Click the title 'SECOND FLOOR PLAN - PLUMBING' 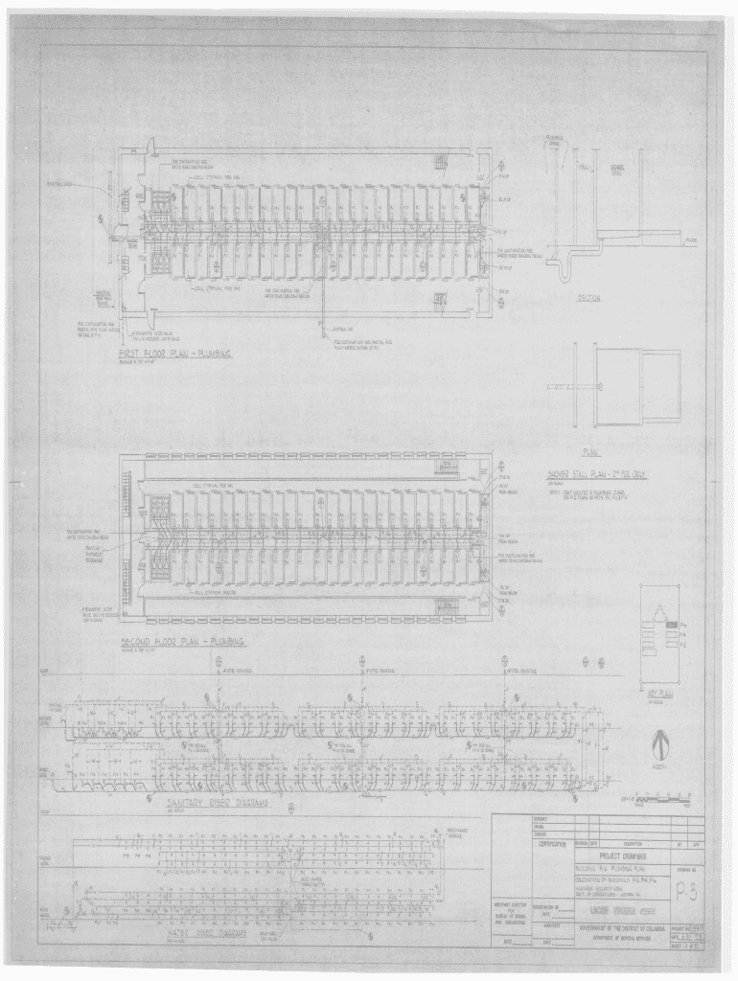(181, 641)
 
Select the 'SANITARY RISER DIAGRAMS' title (217, 806)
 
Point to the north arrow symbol (658, 744)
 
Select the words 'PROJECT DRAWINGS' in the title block (621, 855)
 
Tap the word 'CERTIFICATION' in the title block (552, 844)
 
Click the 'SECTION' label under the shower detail (588, 298)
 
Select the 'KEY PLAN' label (657, 693)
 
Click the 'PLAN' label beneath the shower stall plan (589, 452)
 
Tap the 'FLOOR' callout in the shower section (691, 240)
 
